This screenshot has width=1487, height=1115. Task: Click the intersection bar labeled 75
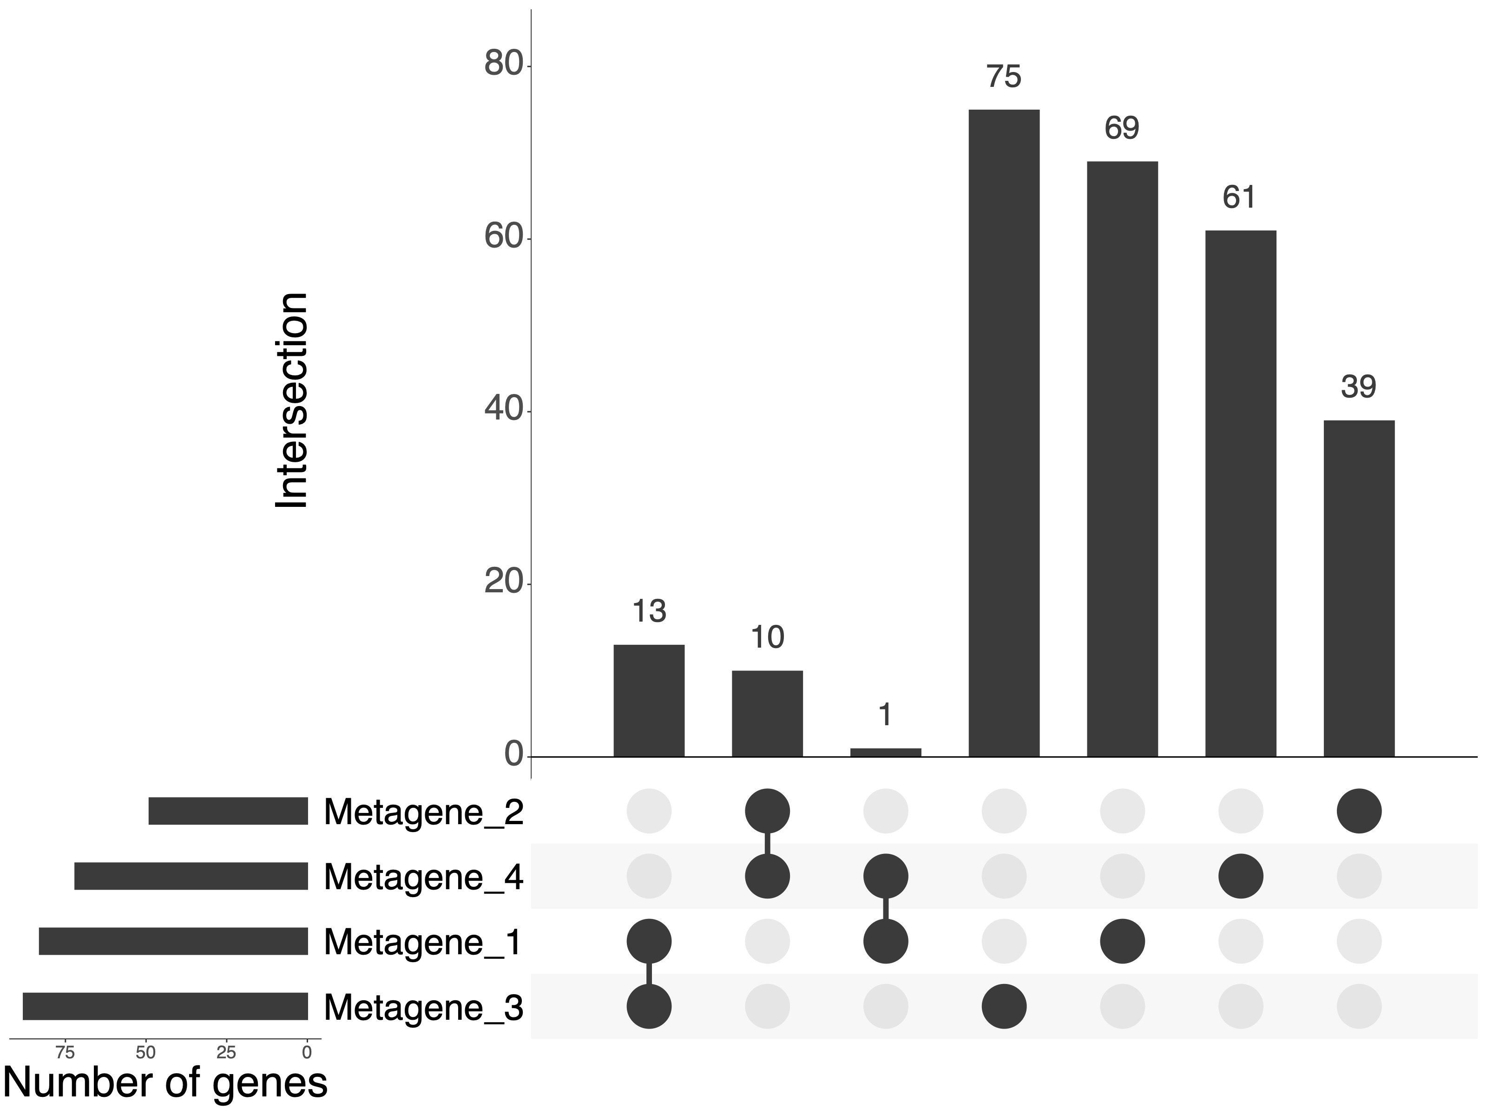point(1004,433)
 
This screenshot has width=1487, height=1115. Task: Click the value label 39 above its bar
point(1359,387)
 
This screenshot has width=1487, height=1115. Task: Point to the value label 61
point(1240,197)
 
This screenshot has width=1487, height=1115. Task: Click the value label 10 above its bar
point(767,637)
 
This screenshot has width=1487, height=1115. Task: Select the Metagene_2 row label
point(423,812)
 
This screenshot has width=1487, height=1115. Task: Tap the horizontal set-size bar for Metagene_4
point(191,876)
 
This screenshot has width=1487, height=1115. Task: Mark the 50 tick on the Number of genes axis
point(146,1052)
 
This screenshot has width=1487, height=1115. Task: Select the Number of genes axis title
point(165,1083)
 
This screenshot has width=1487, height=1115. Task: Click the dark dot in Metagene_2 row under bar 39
point(1359,811)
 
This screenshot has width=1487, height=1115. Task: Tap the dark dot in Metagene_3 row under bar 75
point(1004,1007)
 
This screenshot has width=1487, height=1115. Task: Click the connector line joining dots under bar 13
point(649,974)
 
